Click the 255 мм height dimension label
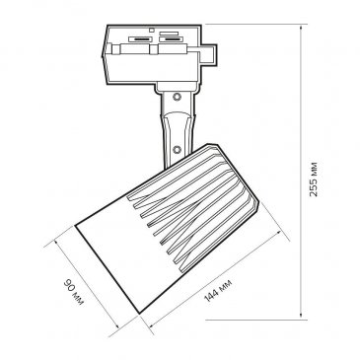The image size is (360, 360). pyautogui.click(x=314, y=180)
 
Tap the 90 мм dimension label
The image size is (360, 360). pyautogui.click(x=73, y=291)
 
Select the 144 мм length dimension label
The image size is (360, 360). pyautogui.click(x=218, y=290)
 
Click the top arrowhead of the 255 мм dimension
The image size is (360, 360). pyautogui.click(x=301, y=28)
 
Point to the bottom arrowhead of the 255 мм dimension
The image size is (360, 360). pyautogui.click(x=301, y=316)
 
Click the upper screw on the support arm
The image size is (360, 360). pyautogui.click(x=178, y=97)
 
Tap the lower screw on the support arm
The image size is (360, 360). pyautogui.click(x=178, y=150)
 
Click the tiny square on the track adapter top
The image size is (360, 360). pyautogui.click(x=152, y=30)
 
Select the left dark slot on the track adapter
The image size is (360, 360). pyautogui.click(x=141, y=39)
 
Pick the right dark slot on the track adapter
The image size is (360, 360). pyautogui.click(x=171, y=39)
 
